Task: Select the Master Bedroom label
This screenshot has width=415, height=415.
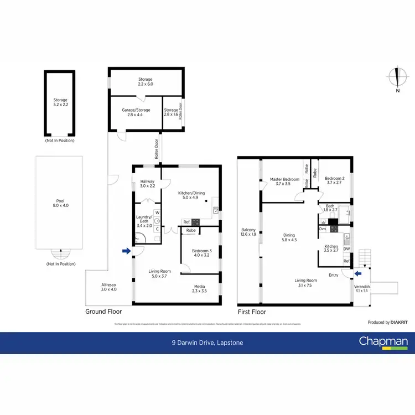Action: (x=284, y=181)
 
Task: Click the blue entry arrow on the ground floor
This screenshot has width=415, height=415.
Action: (x=126, y=251)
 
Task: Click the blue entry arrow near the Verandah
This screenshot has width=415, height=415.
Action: (x=359, y=273)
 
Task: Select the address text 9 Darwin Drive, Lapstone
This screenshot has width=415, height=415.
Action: (x=207, y=343)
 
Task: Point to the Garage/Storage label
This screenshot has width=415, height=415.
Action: (x=136, y=112)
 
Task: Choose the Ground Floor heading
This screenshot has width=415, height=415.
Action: (x=105, y=312)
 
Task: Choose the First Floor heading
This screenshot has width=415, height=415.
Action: (x=252, y=312)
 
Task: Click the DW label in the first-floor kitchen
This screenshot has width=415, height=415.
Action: (x=346, y=249)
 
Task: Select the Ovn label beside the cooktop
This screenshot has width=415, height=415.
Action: (x=322, y=228)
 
